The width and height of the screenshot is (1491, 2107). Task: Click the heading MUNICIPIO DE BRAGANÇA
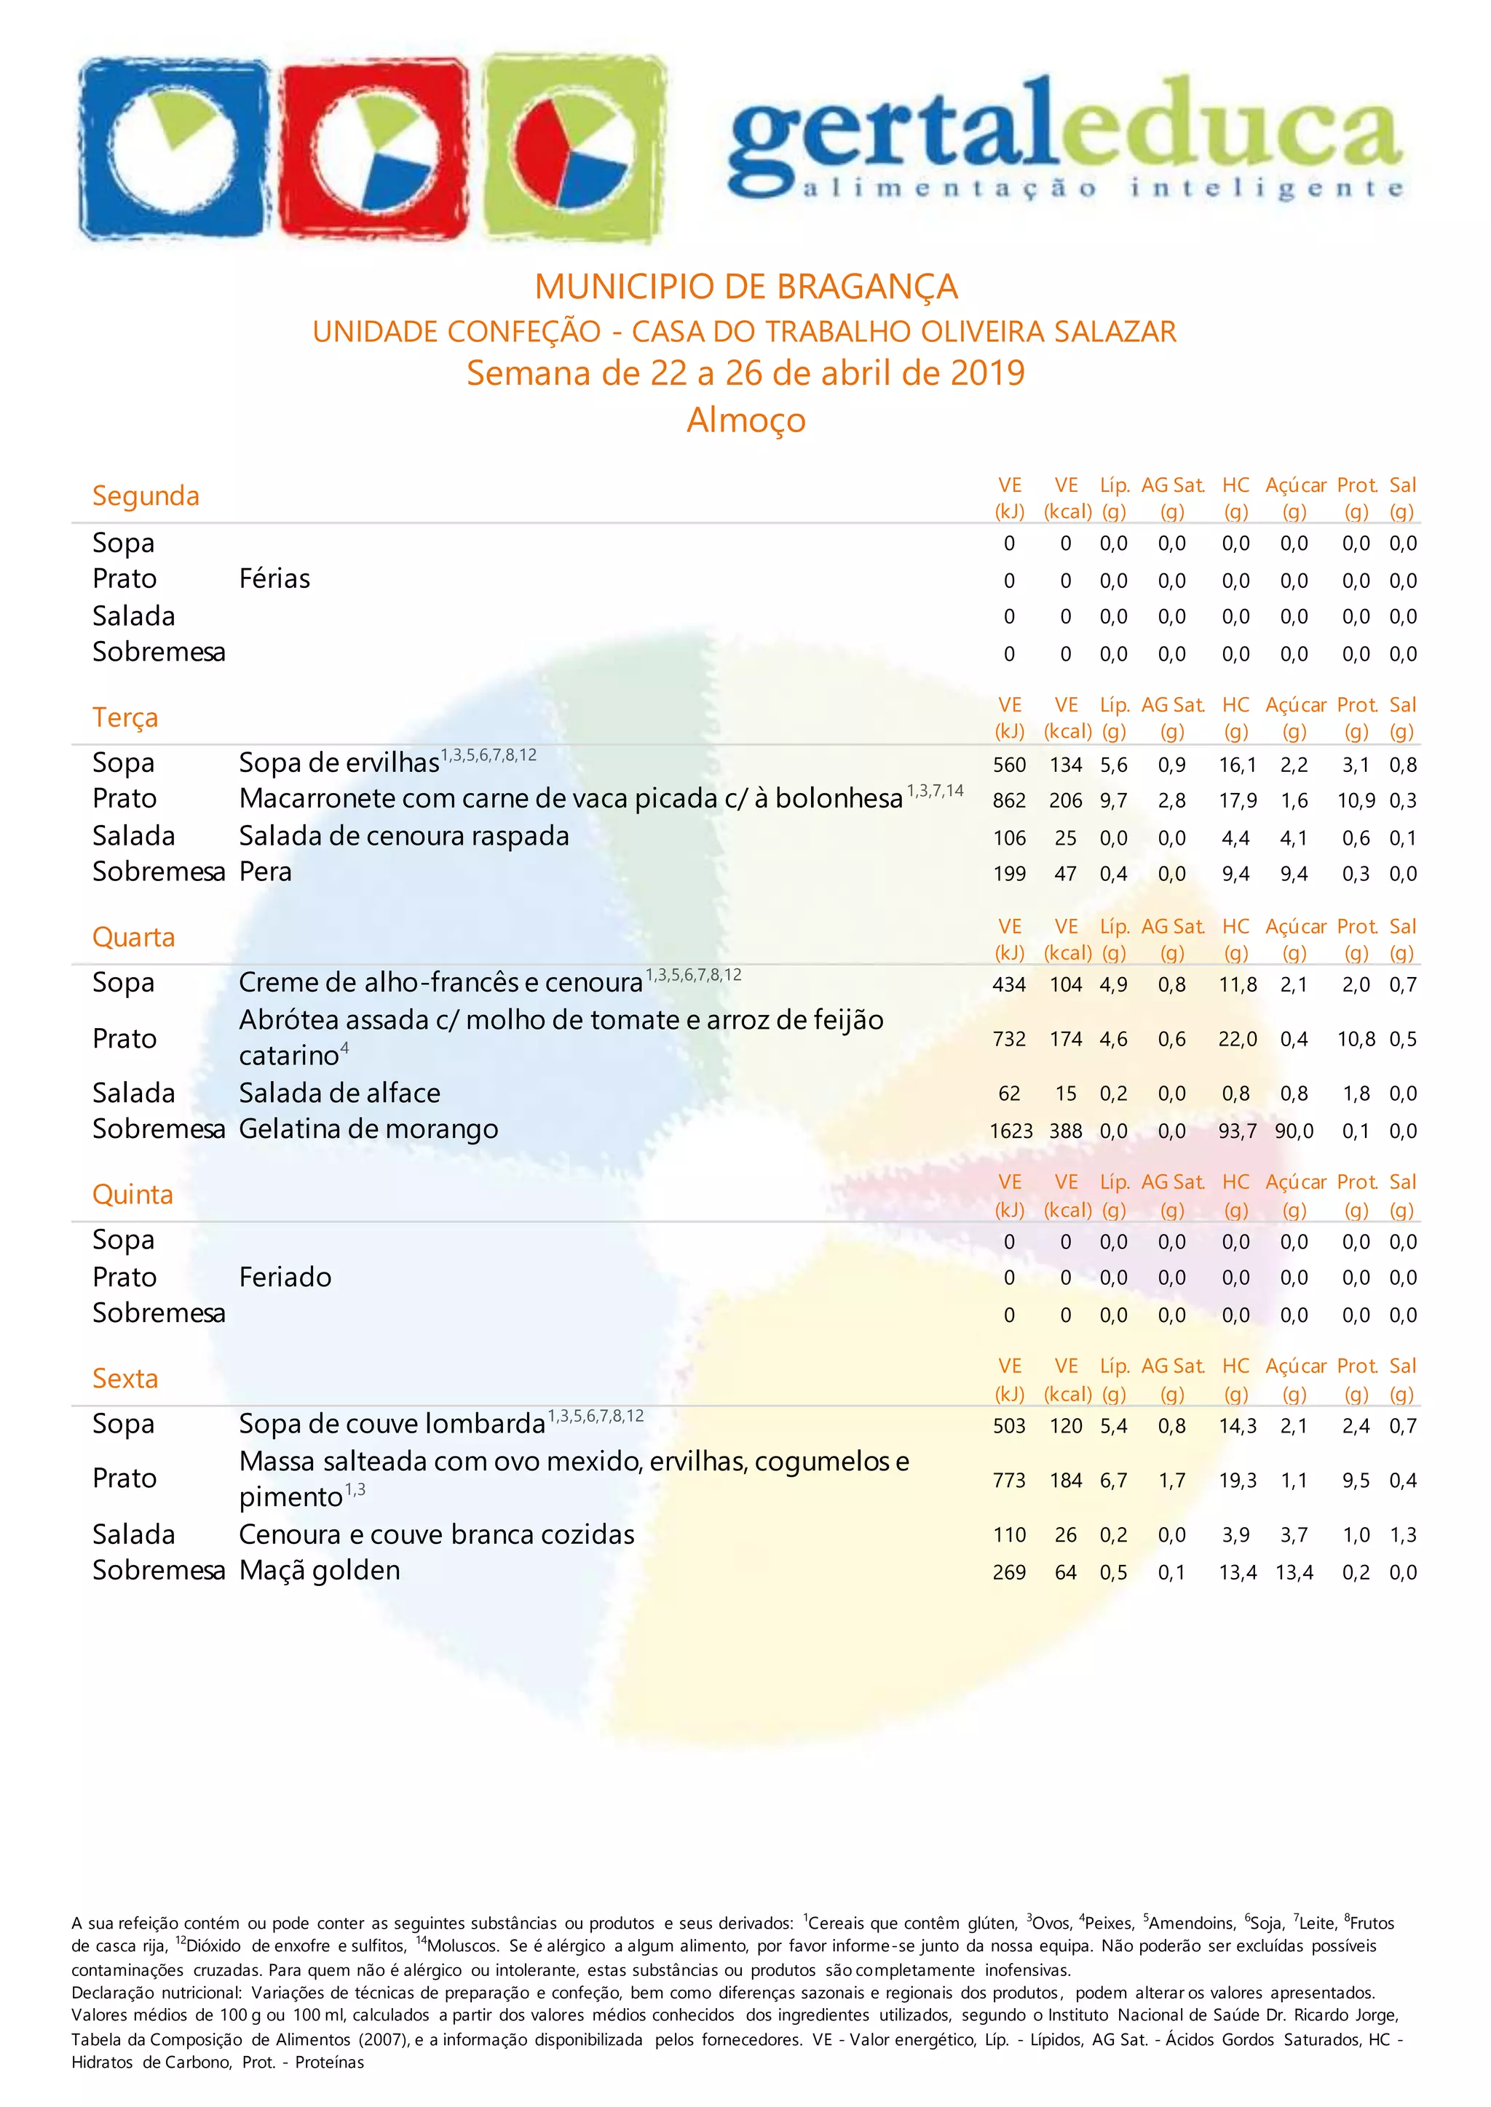745,287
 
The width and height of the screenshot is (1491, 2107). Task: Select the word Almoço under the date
745,421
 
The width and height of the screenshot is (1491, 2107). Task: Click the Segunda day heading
145,495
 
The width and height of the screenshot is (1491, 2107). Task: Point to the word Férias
274,579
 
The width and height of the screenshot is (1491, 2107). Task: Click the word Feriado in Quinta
285,1278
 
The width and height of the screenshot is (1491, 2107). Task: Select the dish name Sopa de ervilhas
339,763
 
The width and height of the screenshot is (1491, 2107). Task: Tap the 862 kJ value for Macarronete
1009,801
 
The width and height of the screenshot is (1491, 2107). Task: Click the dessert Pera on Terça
265,872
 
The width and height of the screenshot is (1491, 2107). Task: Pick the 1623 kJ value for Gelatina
1011,1131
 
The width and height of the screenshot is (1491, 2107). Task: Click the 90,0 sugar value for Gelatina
1294,1131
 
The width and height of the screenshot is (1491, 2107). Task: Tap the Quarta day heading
133,938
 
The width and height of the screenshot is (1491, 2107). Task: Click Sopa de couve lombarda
392,1425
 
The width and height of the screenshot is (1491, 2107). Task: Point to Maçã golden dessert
320,1571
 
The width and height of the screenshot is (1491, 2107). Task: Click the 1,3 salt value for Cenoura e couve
1403,1535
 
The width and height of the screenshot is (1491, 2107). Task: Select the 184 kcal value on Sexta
1066,1481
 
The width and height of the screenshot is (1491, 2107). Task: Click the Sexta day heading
125,1379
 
